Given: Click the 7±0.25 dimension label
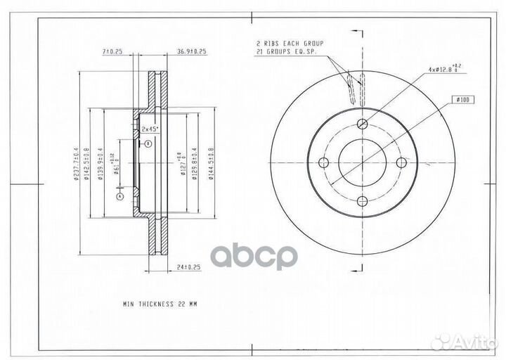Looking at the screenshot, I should coord(112,52).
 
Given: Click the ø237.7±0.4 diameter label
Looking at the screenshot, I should coord(74,163).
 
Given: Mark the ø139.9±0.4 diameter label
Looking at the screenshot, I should coord(100,163).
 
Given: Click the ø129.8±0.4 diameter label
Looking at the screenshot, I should coord(194,163).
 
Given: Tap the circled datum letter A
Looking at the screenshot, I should coord(120,198).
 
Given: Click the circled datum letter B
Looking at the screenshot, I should coord(149,143).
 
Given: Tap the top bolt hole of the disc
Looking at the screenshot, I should coord(363,124).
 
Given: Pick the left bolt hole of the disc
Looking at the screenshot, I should coord(324,163).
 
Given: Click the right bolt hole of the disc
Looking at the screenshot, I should coord(402,163).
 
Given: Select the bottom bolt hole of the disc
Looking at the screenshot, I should coord(363,202).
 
